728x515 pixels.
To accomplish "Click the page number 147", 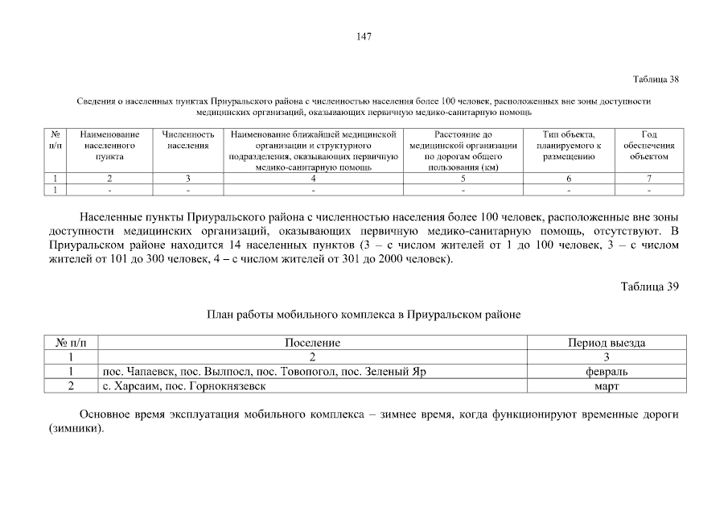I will pyautogui.click(x=363, y=36).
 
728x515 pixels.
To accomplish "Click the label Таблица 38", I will pyautogui.click(x=656, y=79).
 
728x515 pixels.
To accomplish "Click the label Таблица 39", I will pyautogui.click(x=651, y=287).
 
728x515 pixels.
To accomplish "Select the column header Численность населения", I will pyautogui.click(x=187, y=140).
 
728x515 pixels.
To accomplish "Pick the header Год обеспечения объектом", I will pyautogui.click(x=649, y=146).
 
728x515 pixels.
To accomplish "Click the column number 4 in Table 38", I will pyautogui.click(x=313, y=179).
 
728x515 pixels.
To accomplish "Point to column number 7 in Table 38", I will pyautogui.click(x=649, y=179).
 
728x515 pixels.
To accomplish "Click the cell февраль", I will pyautogui.click(x=607, y=372).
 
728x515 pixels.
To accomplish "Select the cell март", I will pyautogui.click(x=607, y=385).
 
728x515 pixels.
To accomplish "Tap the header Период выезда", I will pyautogui.click(x=607, y=343).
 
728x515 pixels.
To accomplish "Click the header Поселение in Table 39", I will pyautogui.click(x=312, y=343).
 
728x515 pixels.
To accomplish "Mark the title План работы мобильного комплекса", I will pyautogui.click(x=364, y=315).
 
